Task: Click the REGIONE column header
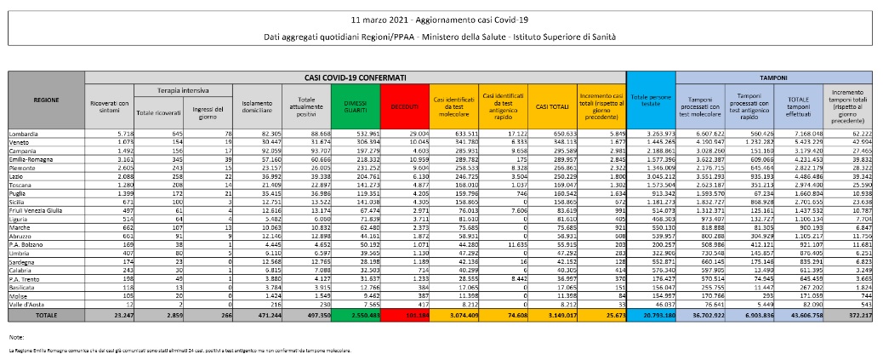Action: [46, 100]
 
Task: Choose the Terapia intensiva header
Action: [180, 89]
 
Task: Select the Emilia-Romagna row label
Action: [29, 158]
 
